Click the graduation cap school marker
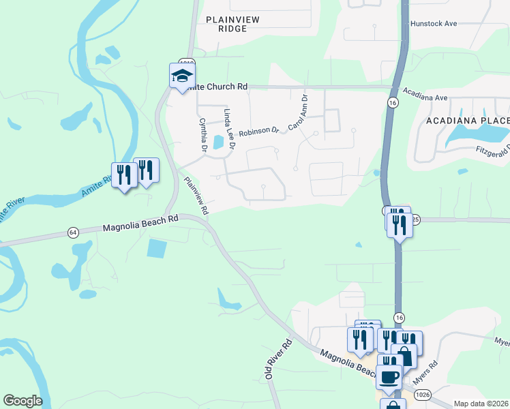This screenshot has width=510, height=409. (x=182, y=75)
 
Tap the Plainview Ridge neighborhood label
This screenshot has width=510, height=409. (x=232, y=25)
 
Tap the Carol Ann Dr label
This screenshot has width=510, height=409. (x=298, y=112)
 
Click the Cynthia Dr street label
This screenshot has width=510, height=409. (x=202, y=134)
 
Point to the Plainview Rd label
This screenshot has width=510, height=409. (x=195, y=196)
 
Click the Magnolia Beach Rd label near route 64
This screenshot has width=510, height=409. (x=140, y=223)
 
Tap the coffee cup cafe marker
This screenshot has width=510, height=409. (x=389, y=376)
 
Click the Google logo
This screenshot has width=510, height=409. (x=22, y=401)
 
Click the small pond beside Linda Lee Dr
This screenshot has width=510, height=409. (x=218, y=142)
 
